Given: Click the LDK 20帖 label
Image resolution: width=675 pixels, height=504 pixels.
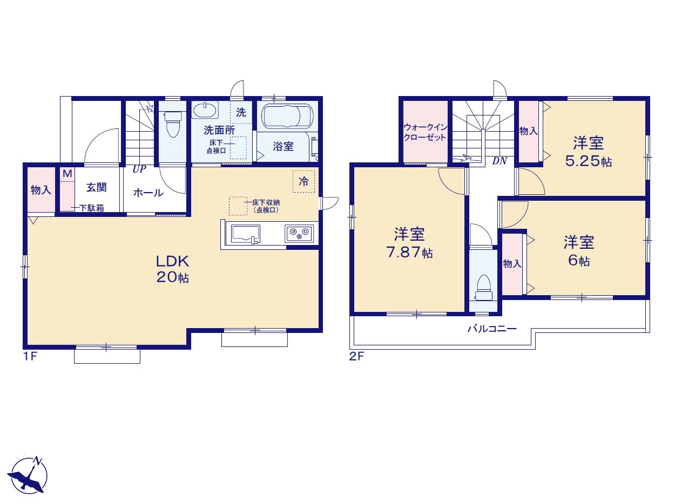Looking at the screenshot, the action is click(x=172, y=269).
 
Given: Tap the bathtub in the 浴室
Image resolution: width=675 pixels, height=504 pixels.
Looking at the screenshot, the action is click(x=287, y=115).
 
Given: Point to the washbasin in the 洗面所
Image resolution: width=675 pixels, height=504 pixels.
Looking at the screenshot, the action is click(x=205, y=110).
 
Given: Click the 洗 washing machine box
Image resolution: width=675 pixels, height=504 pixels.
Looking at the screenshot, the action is click(x=241, y=112).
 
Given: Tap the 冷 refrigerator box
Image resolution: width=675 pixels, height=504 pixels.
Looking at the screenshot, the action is click(x=303, y=181).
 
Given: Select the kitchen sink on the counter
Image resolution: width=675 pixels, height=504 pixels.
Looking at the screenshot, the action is click(x=245, y=234).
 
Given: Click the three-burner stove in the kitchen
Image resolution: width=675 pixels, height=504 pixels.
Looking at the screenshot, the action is click(x=299, y=234).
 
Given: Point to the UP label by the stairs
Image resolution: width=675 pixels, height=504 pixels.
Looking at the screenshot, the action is click(x=139, y=169).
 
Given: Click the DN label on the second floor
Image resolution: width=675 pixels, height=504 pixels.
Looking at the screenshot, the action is click(x=500, y=161).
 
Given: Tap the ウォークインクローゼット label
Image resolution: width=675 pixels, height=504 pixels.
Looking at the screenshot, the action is click(x=425, y=132).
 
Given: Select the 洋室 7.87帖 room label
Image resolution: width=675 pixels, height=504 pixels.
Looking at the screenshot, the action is click(x=409, y=243).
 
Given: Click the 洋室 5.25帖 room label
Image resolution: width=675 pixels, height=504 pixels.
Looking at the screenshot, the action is click(x=588, y=152).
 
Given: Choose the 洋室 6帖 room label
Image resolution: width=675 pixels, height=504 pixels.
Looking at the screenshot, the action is click(x=579, y=251).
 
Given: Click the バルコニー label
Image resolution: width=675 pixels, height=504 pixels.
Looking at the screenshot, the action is click(x=492, y=329).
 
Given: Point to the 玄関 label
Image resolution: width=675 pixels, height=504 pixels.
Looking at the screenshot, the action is click(x=96, y=187).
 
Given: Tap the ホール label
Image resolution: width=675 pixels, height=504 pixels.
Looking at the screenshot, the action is click(x=148, y=193).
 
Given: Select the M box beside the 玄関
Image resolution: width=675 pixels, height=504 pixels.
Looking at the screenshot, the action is click(x=67, y=174).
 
